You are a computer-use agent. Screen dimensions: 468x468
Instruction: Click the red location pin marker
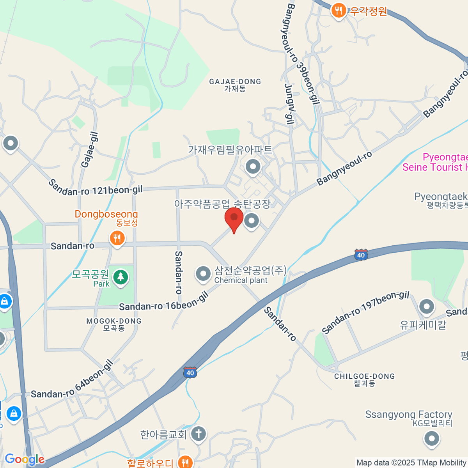tap(234, 218)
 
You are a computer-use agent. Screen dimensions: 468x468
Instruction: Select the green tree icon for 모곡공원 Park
tap(121, 277)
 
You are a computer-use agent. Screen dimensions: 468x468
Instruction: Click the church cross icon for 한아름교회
tap(198, 433)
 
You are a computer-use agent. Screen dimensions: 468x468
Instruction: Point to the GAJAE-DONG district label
tap(235, 82)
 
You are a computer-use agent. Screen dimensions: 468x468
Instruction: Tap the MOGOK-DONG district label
tap(114, 321)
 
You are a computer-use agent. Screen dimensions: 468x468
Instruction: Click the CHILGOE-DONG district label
tap(364, 376)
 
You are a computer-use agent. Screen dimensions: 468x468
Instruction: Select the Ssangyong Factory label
tap(408, 414)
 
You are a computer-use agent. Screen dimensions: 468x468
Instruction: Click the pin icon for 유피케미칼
tap(426, 307)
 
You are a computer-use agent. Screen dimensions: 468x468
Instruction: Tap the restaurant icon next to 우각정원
tap(339, 11)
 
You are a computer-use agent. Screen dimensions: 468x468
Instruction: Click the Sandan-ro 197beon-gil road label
tap(365, 312)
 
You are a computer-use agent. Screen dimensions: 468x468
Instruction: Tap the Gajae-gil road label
tap(90, 150)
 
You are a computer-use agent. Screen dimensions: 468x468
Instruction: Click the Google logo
tap(24, 460)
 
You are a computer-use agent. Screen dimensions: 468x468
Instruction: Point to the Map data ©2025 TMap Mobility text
tap(411, 463)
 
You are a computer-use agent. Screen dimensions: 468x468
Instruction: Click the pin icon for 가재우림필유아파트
tap(253, 167)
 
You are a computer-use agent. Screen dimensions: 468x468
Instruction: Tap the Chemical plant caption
tap(241, 280)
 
